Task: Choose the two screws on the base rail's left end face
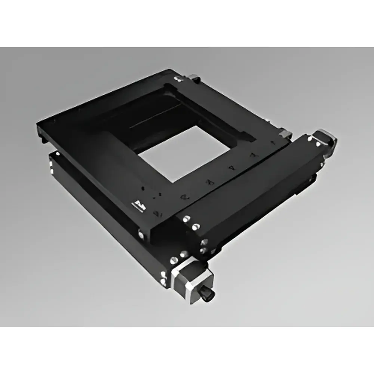click(x=52, y=165)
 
